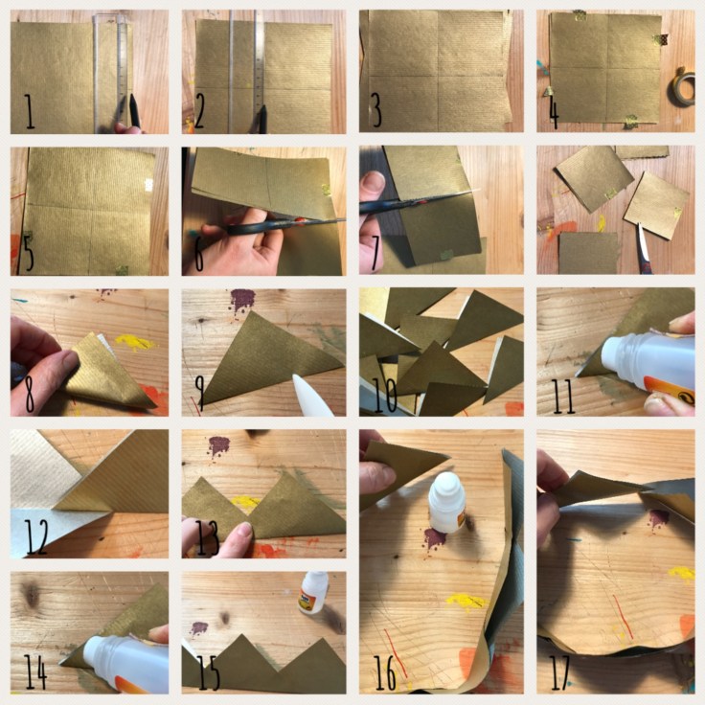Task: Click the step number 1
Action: pos(30,111)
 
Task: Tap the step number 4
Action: pos(554,114)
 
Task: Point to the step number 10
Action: pos(385,396)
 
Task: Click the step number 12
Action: pos(36,536)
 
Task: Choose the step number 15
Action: pos(209,673)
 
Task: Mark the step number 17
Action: pos(560,673)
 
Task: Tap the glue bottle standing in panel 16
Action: pos(446,501)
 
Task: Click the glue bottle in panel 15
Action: pos(313,592)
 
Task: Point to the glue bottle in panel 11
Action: pos(648,364)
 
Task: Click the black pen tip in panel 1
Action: pos(135,110)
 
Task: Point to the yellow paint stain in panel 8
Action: pos(135,343)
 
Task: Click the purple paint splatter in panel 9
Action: pos(242,300)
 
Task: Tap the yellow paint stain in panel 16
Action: pos(467,602)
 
